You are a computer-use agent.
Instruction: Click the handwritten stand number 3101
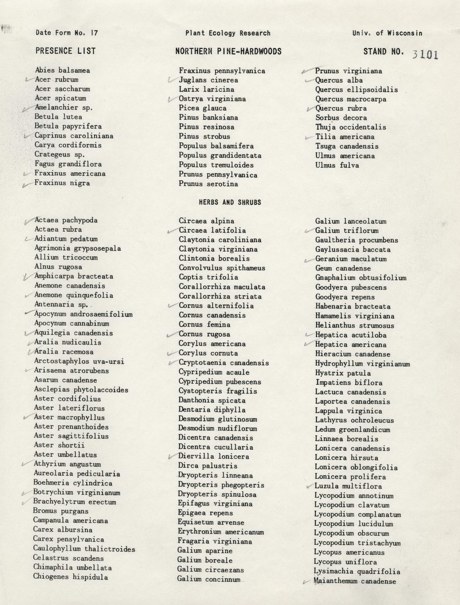pos(425,54)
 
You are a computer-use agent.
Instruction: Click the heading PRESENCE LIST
pos(65,51)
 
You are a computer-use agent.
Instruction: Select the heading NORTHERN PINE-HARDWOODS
pos(228,51)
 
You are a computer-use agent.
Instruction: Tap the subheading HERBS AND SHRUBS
pos(230,202)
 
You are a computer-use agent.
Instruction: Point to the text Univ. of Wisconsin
pos(387,33)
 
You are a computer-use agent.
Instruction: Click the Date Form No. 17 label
pos(67,33)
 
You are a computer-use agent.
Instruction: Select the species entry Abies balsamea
pos(62,70)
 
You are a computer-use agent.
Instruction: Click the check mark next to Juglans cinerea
pos(171,80)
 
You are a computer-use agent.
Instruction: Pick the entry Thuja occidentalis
pos(350,127)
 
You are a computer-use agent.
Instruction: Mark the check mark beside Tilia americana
pos(308,138)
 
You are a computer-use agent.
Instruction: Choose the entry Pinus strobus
pos(204,136)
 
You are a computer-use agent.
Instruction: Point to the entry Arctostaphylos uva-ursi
pos(79,361)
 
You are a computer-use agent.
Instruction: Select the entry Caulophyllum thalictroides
pos(84,548)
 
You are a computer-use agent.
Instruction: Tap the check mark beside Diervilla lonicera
pos(171,457)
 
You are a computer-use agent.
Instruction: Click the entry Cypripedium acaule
pos(214,372)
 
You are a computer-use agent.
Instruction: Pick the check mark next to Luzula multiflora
pos(309,487)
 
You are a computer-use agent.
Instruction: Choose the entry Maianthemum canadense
pos(355,581)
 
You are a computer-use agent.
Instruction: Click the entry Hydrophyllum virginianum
pos(362,364)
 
